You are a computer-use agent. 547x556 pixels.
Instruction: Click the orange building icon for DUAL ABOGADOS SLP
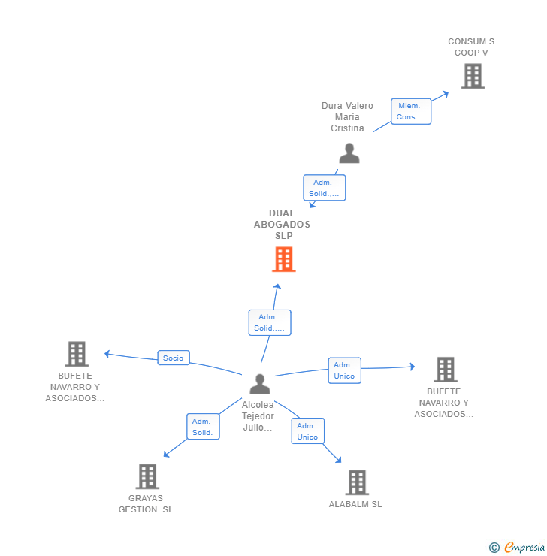[283, 259]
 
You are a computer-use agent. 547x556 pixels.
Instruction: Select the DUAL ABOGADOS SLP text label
[282, 224]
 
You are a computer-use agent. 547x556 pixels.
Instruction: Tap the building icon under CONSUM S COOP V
[472, 76]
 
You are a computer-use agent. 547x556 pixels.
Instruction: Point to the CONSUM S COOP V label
[471, 47]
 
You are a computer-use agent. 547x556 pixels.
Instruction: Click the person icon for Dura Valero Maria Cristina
[349, 153]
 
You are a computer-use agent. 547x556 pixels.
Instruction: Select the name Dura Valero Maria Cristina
[347, 117]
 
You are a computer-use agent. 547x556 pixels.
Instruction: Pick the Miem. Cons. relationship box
[410, 111]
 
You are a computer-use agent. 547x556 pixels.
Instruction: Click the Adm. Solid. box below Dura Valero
[324, 188]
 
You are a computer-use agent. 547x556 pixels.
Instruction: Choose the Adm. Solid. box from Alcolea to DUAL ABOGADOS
[269, 322]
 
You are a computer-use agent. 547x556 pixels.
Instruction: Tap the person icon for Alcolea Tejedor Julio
[259, 384]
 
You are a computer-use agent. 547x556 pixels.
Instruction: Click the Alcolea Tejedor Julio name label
[258, 415]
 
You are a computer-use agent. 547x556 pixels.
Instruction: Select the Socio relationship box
[173, 358]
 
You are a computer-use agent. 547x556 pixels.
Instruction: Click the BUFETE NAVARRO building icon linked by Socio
[77, 354]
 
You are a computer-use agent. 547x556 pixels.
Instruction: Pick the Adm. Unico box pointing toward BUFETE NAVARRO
[344, 370]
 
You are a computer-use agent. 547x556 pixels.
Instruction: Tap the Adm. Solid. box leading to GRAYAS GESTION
[203, 427]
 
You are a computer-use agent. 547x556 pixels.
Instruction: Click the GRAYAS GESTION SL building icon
[147, 476]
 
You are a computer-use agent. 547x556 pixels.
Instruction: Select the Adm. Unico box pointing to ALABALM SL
[307, 431]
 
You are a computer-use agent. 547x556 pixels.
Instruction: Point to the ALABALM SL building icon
[356, 482]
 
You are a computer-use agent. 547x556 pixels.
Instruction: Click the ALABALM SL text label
[355, 504]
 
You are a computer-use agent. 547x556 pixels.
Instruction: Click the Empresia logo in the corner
[516, 548]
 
